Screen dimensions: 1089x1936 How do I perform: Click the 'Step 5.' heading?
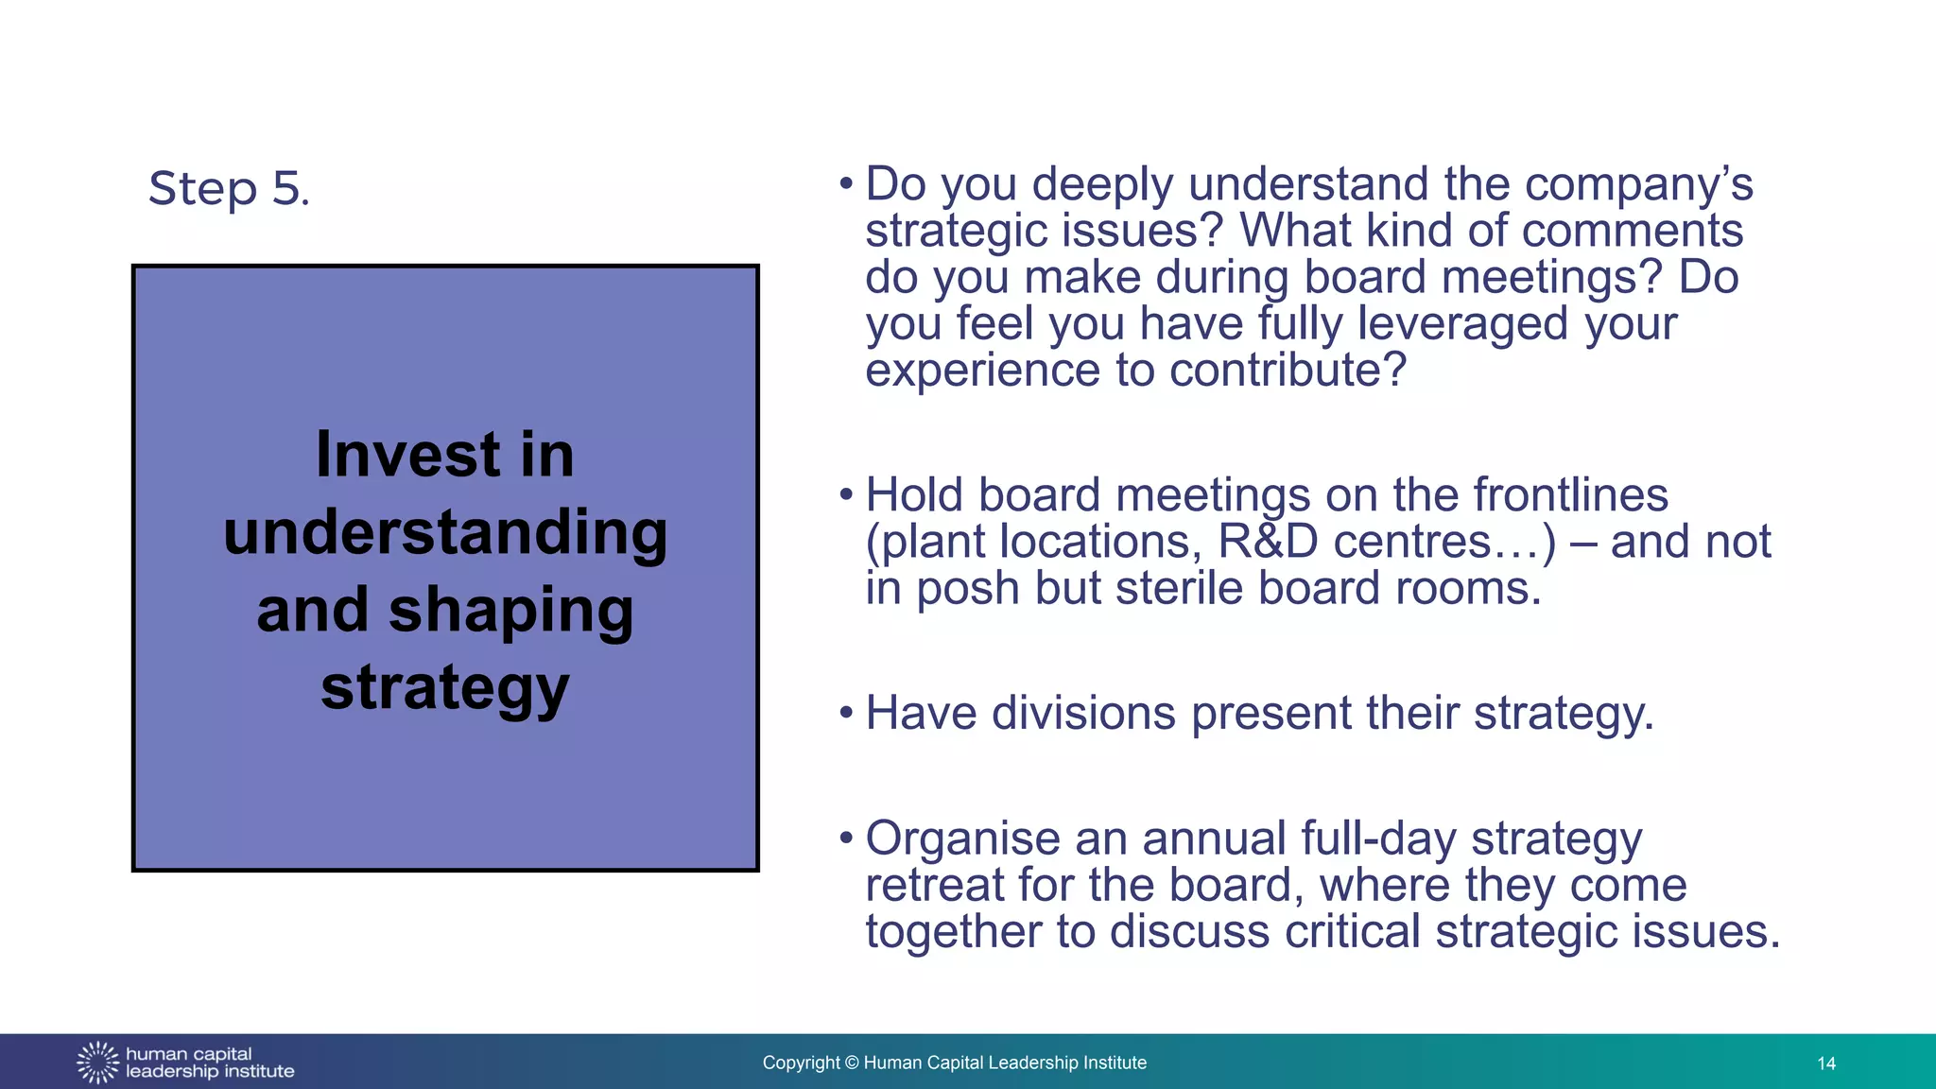[229, 188]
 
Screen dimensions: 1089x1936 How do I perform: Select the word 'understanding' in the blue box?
[445, 533]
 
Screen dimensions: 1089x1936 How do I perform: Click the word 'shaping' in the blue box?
[510, 611]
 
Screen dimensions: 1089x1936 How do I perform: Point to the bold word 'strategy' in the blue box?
[445, 688]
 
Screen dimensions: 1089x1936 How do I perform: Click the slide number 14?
[1825, 1063]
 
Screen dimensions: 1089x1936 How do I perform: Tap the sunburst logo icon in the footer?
[97, 1063]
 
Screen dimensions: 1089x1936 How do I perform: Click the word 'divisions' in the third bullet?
[1083, 713]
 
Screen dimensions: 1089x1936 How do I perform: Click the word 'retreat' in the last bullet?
[935, 886]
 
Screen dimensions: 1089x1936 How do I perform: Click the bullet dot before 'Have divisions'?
[846, 712]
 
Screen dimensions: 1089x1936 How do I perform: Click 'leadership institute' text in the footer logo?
[210, 1072]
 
